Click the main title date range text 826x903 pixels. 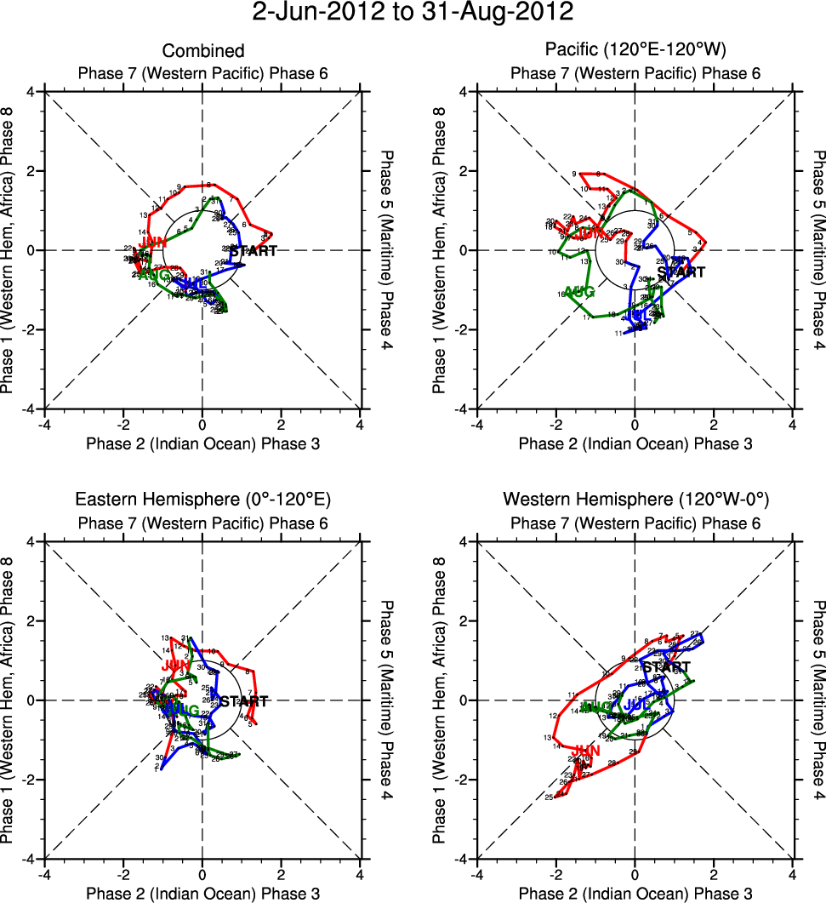coord(413,13)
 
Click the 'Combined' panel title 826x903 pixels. coord(202,51)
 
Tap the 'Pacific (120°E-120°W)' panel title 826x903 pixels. coord(635,51)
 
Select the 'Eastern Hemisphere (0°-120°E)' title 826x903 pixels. coord(202,500)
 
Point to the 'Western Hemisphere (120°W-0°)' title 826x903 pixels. coord(635,500)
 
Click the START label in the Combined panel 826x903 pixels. coord(253,251)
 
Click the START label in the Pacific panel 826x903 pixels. coord(681,272)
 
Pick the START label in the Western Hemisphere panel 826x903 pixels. coord(666,666)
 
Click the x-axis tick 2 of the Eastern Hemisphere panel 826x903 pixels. coord(281,873)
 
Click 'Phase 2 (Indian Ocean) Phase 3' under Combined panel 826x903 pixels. coord(202,443)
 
